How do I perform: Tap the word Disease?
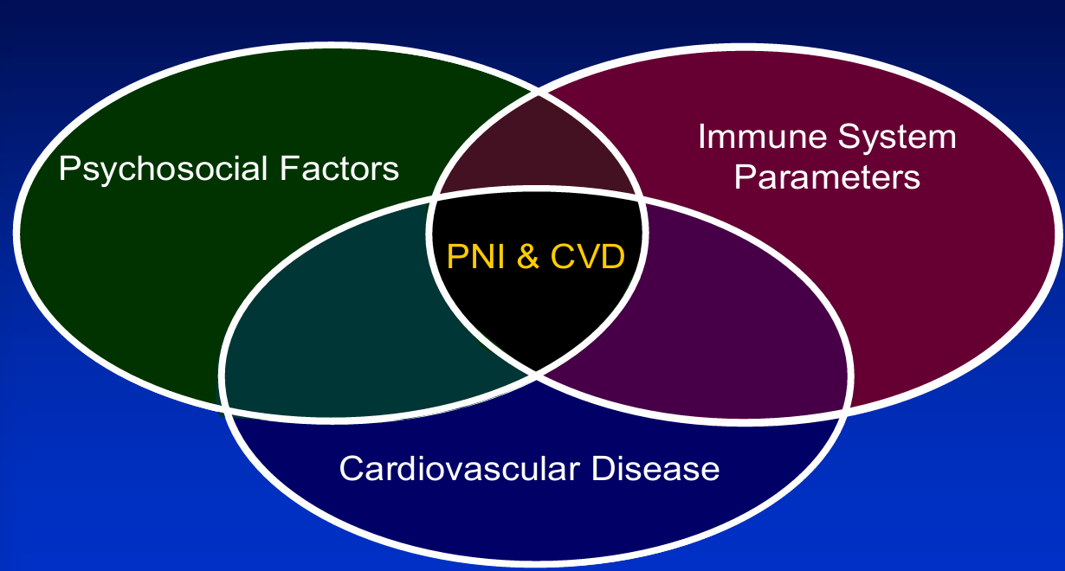[x=655, y=469]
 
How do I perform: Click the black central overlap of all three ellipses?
[x=536, y=311]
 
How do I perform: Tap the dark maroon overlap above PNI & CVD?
[x=537, y=156]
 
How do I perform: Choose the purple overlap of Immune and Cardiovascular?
[x=719, y=311]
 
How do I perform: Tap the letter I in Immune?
[x=702, y=138]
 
